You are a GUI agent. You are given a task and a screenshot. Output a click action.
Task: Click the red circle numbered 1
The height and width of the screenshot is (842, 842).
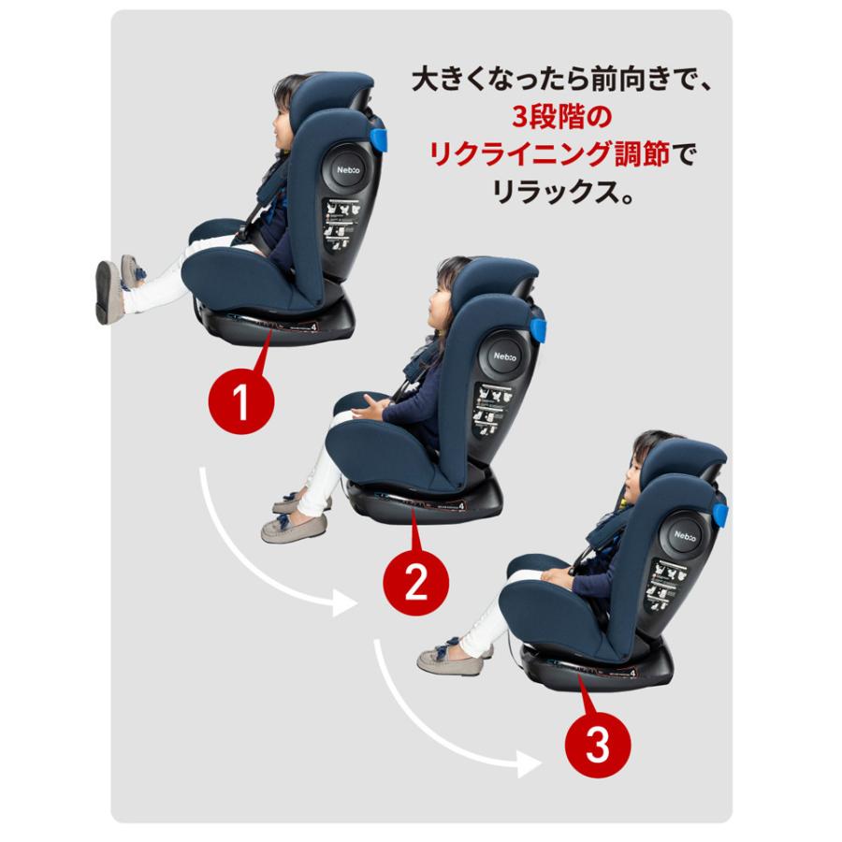241,403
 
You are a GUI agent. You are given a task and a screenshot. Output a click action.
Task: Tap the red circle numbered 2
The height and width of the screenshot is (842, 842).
416,584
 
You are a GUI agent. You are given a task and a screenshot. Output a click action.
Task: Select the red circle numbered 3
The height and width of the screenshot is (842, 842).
599,746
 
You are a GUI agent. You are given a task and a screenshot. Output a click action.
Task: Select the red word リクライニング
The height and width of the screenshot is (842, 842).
524,154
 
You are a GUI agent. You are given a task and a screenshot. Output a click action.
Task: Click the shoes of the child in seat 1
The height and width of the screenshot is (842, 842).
115,285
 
